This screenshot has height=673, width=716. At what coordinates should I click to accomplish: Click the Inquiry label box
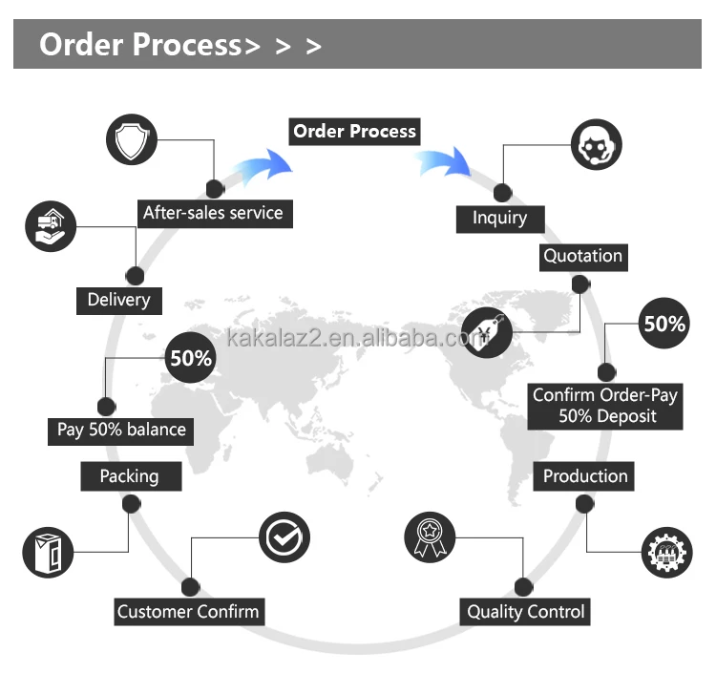click(499, 218)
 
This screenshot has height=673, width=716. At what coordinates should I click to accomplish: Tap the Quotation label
click(582, 256)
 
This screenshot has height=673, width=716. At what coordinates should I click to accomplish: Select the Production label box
click(585, 476)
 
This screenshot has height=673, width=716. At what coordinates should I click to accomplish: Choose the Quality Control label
click(525, 612)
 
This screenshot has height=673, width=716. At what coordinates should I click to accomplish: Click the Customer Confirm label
click(188, 612)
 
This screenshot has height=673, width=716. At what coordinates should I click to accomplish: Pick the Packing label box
click(129, 476)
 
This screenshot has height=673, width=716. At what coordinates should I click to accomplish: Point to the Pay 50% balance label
click(121, 430)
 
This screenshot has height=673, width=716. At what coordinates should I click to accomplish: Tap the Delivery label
click(118, 300)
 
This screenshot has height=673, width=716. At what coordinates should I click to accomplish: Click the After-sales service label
click(213, 212)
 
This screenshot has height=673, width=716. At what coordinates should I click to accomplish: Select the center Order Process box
click(355, 131)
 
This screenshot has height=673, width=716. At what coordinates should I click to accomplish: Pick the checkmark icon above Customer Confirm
click(284, 537)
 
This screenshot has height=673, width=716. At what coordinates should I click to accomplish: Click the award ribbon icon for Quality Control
click(430, 537)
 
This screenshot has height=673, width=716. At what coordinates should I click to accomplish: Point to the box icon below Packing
click(48, 551)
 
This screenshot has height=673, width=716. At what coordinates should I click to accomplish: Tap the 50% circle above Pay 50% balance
click(191, 359)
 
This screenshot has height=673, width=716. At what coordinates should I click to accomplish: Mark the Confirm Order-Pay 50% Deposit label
click(605, 406)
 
